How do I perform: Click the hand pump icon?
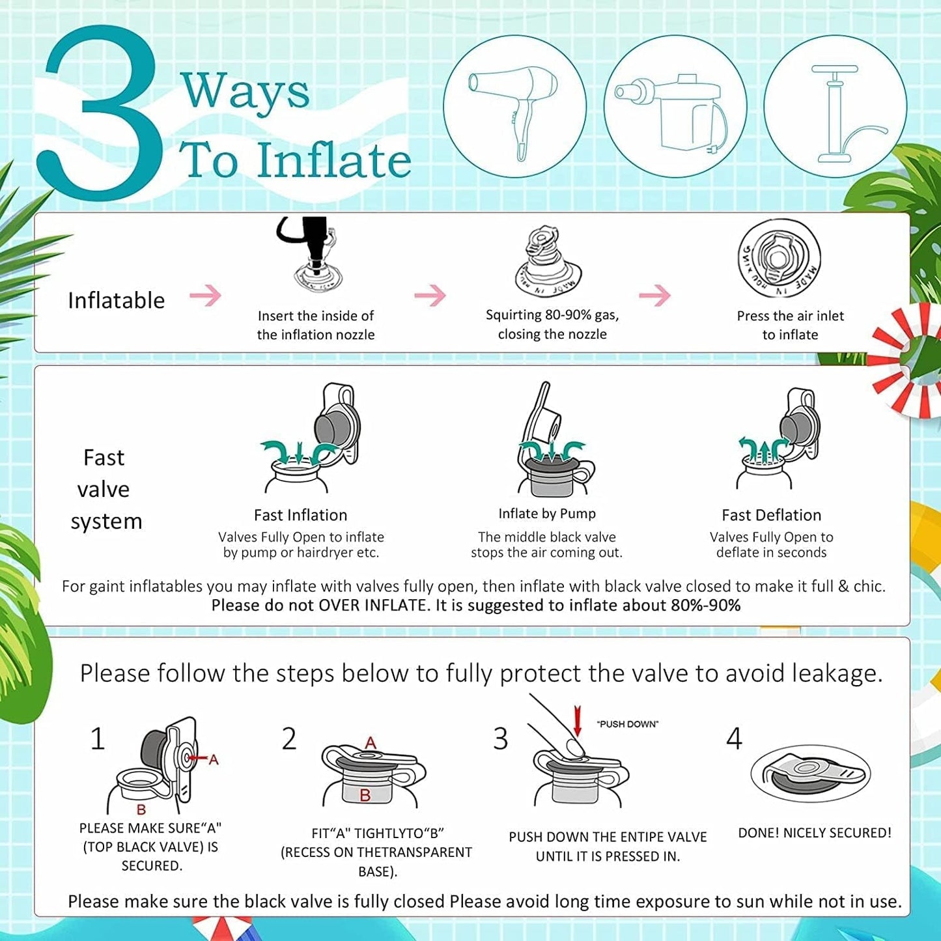click(841, 113)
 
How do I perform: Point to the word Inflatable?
click(116, 300)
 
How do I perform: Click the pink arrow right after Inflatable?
click(206, 295)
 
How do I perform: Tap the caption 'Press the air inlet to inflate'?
click(790, 325)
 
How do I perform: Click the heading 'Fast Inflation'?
click(301, 515)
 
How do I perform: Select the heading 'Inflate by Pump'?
click(547, 514)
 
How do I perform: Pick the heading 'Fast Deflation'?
click(772, 515)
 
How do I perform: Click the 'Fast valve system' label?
click(106, 489)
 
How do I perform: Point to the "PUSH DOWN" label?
click(628, 724)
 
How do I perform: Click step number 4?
click(734, 739)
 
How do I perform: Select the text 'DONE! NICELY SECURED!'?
click(815, 833)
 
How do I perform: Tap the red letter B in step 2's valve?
click(365, 796)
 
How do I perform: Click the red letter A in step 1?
click(214, 760)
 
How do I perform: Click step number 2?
click(289, 739)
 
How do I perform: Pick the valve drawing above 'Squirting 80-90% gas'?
click(548, 261)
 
